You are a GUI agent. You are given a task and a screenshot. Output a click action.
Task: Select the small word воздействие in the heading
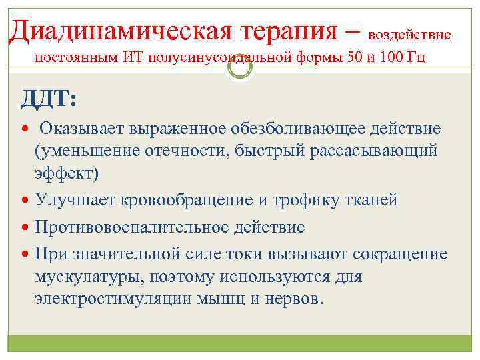coord(409,33)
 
